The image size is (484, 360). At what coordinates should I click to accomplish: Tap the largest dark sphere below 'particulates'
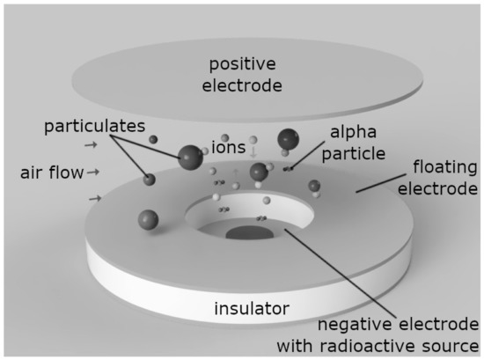(x=189, y=158)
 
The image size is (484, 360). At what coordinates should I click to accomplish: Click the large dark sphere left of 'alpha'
(x=289, y=139)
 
